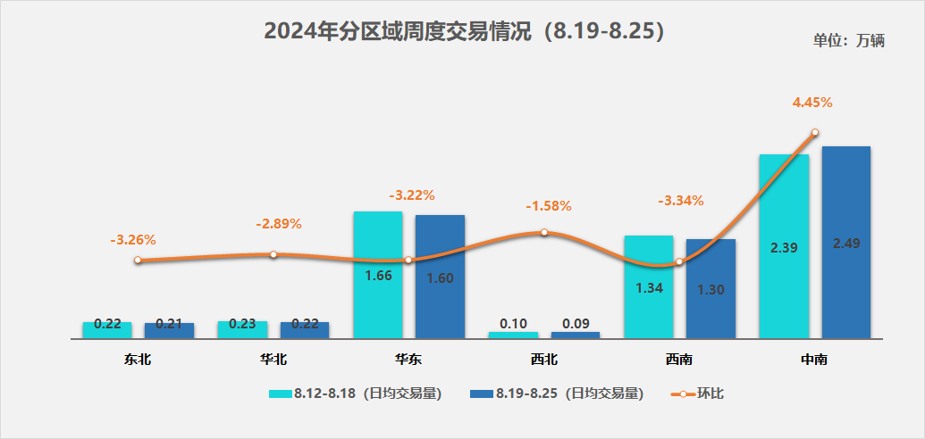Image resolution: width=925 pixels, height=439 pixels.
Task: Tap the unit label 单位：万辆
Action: (848, 41)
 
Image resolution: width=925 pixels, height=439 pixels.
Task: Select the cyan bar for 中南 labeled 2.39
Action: (784, 246)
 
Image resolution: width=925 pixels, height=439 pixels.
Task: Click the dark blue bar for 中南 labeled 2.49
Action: (845, 242)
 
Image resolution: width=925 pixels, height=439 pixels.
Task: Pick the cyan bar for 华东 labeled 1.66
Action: (378, 275)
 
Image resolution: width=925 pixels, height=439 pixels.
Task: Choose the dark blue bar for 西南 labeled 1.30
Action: (711, 288)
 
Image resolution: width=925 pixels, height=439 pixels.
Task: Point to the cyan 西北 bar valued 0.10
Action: (513, 335)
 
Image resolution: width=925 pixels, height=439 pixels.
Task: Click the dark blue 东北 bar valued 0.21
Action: (169, 330)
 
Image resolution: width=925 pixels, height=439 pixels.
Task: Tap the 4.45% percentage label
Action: (812, 103)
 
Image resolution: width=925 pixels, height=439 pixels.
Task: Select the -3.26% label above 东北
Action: (133, 240)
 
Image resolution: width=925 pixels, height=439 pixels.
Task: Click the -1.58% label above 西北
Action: (548, 206)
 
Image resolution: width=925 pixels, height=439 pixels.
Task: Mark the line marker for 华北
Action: (273, 254)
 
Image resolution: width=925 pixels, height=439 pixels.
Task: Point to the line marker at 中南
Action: (814, 133)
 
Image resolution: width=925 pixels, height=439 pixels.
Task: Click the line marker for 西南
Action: (679, 262)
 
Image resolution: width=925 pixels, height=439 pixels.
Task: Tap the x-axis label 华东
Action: (408, 360)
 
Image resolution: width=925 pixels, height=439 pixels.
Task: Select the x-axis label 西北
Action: (543, 360)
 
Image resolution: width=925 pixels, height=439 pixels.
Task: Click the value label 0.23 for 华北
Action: (242, 325)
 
